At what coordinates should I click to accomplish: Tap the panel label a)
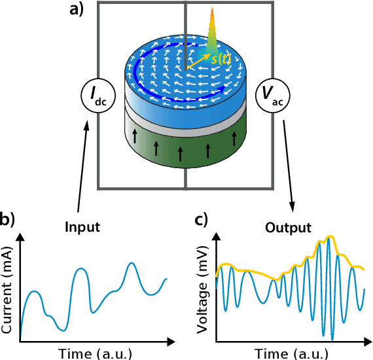click(x=77, y=11)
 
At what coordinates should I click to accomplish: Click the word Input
click(x=82, y=228)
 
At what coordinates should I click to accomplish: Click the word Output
click(x=288, y=228)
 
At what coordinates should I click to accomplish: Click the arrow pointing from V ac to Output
click(x=287, y=164)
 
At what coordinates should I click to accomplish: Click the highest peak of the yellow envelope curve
click(x=331, y=236)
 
